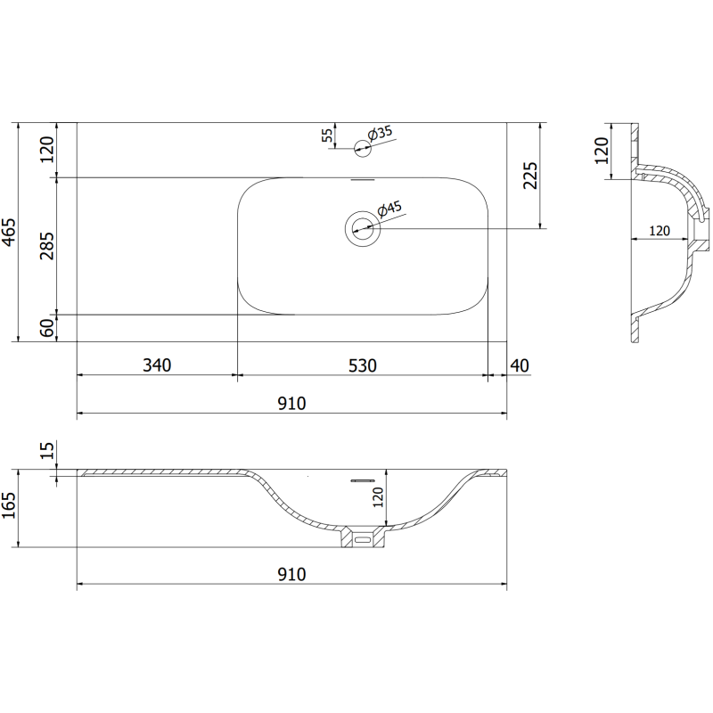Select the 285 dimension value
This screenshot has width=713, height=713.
pos(47,246)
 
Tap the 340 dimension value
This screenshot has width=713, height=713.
pos(156,365)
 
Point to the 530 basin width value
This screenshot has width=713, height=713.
pos(363,365)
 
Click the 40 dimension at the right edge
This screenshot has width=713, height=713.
pos(520,365)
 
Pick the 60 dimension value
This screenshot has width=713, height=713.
pos(47,328)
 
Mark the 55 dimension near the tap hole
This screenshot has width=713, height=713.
pos(327,135)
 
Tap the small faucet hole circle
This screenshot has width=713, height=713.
pos(363,148)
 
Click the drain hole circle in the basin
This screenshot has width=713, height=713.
pos(363,229)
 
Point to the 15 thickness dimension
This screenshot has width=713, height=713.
pos(47,453)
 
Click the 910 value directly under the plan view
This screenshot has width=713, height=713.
pos(291,403)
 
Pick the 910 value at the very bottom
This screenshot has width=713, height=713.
pos(291,573)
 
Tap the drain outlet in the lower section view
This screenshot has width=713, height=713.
pos(363,538)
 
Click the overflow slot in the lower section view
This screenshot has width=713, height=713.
pos(363,479)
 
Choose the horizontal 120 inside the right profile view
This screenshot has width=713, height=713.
pos(659,230)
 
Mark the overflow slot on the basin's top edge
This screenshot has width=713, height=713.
pos(363,179)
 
